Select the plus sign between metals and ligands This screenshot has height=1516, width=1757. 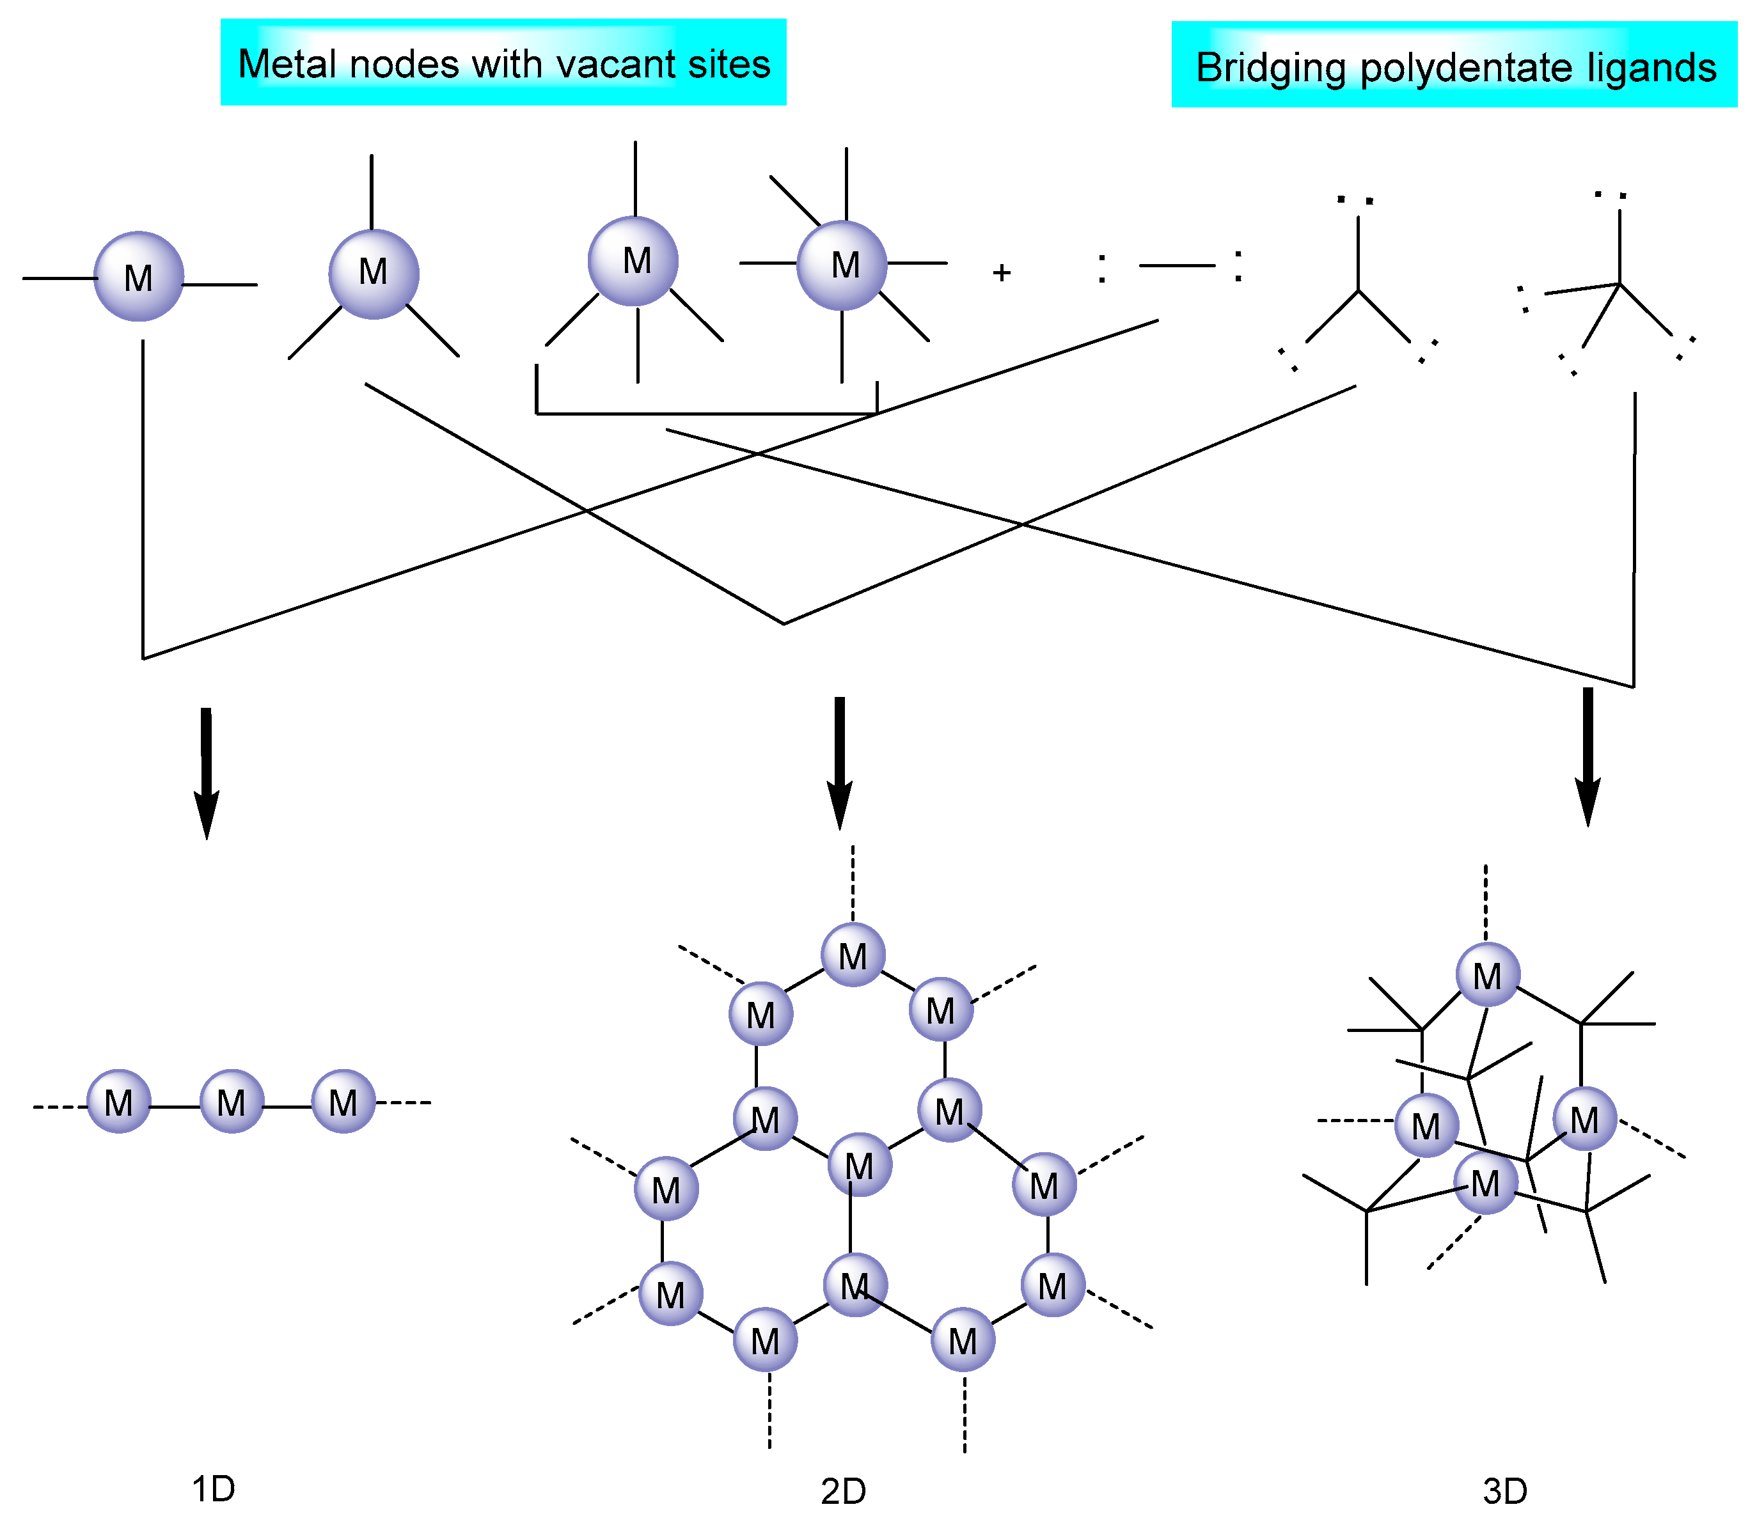tap(1002, 272)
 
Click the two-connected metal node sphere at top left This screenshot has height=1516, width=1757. tap(138, 276)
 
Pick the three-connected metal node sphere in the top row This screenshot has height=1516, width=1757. tap(373, 273)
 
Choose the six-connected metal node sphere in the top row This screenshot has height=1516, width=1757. tap(842, 265)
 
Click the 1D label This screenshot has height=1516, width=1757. tap(213, 1488)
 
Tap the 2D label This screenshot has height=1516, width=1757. tap(843, 1490)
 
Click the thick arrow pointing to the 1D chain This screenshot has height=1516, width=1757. tap(206, 772)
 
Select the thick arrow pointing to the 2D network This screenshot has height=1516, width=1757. tap(840, 763)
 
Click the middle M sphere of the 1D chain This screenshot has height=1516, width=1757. tap(232, 1102)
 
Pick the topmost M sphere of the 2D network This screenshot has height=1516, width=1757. tap(853, 955)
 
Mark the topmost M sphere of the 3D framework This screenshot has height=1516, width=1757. tap(1487, 975)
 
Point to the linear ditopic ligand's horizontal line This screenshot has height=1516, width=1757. tap(1176, 265)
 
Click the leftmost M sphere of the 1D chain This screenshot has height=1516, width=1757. tap(119, 1102)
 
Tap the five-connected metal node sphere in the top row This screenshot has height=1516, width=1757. tap(633, 260)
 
